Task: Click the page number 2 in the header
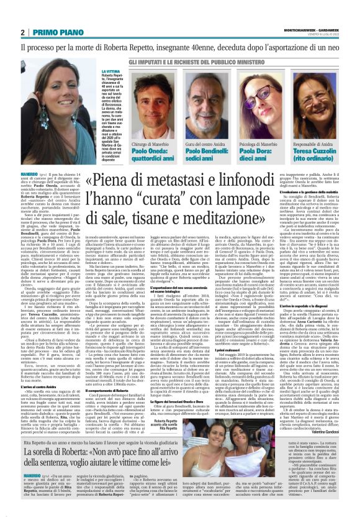click(x=22, y=33)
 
